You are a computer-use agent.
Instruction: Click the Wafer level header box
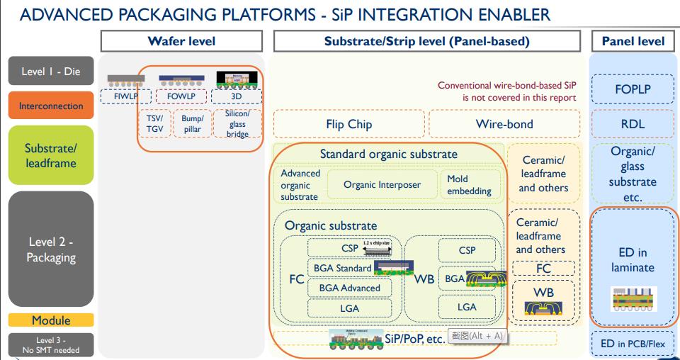182,42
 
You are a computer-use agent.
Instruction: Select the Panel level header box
633,42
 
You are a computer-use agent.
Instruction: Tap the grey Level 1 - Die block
51,72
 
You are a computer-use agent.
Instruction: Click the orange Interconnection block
51,106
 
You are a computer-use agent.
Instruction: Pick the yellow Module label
51,320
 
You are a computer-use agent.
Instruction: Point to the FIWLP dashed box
125,95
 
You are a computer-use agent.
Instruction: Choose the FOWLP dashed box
181,95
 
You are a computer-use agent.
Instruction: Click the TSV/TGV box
154,124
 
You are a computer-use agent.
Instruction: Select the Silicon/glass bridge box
237,124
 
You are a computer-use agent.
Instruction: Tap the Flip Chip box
348,124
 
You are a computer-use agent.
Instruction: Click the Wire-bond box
504,124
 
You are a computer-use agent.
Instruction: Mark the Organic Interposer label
382,185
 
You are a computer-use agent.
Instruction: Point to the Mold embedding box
468,185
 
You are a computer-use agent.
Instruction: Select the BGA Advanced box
349,288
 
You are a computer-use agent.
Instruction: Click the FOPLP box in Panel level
633,90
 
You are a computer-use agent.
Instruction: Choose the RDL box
633,124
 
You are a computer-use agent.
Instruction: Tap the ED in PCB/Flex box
633,344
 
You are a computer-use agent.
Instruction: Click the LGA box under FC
349,307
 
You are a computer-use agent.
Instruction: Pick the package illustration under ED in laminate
633,299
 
